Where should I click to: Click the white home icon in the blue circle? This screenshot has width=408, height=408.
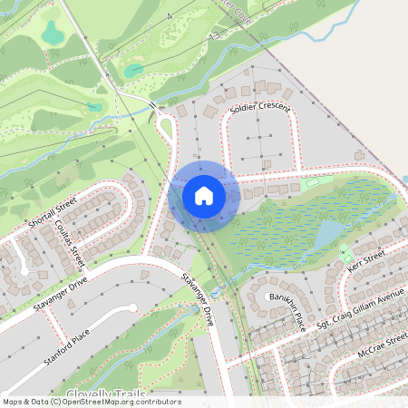pos(203,196)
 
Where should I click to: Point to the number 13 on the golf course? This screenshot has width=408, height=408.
pos(215,34)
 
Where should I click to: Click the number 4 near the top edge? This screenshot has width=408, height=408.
pos(168,17)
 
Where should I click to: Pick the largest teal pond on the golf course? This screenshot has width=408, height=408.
pos(53,34)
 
